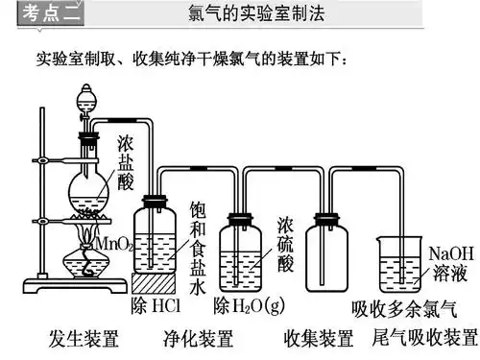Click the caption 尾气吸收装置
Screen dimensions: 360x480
click(x=425, y=339)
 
